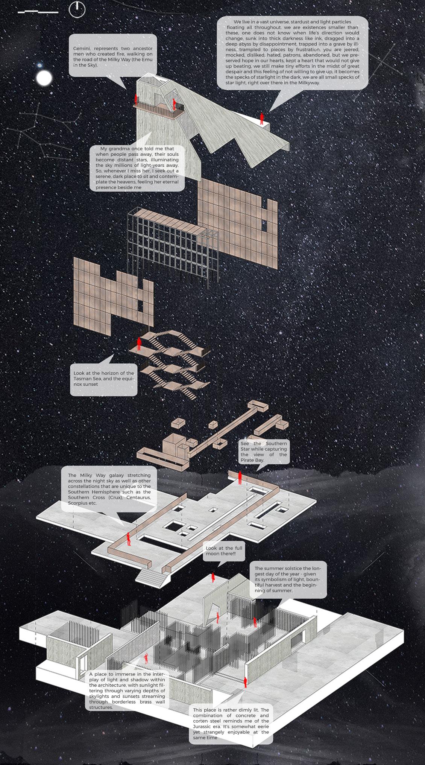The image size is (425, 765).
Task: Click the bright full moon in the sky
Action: pos(44,78)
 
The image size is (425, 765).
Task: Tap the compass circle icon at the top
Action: pos(77,9)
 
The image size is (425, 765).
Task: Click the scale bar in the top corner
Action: pos(38,12)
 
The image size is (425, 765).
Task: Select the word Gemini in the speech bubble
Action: pos(82,49)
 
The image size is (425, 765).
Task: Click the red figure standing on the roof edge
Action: pos(262,118)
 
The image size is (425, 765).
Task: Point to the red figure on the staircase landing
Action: pos(139,344)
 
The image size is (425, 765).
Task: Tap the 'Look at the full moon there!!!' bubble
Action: pos(224,551)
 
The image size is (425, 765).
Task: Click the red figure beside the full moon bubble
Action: pos(213,577)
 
